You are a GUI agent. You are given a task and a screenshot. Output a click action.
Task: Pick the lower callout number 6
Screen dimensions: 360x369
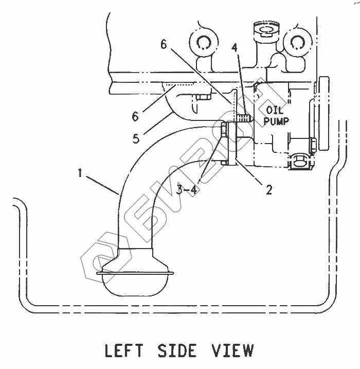[135, 117]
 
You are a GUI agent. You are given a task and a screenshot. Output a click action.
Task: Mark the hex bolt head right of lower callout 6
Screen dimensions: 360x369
[202, 96]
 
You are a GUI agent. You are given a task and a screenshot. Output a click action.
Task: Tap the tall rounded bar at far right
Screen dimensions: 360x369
[323, 114]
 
